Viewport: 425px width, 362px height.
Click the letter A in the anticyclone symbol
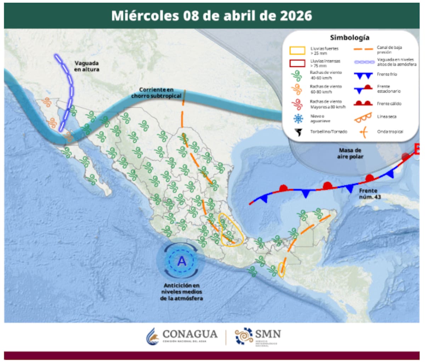click(x=182, y=261)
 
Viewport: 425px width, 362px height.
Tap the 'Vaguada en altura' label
click(x=87, y=66)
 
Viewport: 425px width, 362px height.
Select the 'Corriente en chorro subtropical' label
click(x=156, y=93)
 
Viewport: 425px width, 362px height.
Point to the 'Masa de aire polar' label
click(x=350, y=154)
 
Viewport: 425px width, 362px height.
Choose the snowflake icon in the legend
click(x=297, y=118)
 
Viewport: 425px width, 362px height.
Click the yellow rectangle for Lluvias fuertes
click(x=297, y=50)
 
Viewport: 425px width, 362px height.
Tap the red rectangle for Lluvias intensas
click(x=297, y=63)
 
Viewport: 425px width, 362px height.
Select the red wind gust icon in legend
click(x=297, y=104)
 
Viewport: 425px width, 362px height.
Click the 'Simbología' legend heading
click(x=350, y=38)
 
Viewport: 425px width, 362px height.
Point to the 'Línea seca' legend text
click(x=387, y=117)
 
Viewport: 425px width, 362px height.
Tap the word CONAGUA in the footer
click(x=190, y=334)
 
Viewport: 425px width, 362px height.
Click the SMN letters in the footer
click(x=268, y=334)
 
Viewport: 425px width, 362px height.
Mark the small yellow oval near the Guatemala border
click(x=282, y=270)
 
